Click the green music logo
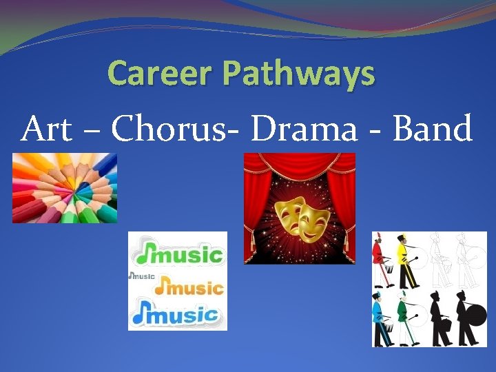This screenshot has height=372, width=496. coord(180,255)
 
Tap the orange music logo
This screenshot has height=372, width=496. coord(189,286)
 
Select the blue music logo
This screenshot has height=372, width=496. coord(178,316)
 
